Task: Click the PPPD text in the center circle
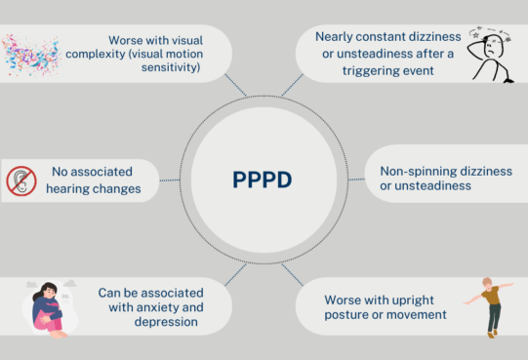click(262, 180)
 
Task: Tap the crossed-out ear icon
click(21, 180)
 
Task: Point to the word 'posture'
click(342, 314)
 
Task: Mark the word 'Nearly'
click(334, 36)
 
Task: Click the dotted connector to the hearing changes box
click(171, 180)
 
